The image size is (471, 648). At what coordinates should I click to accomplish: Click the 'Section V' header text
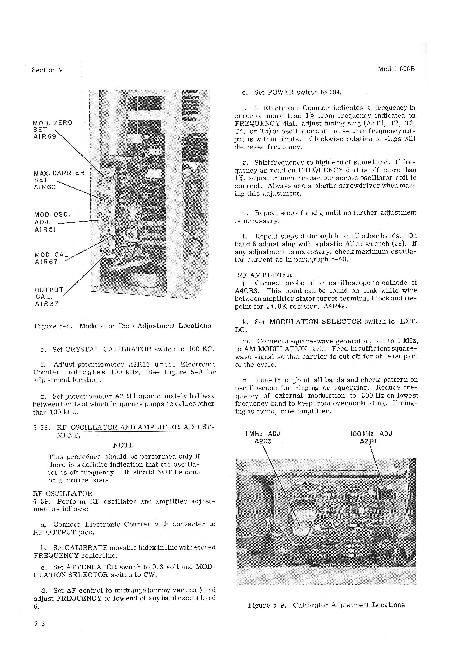(x=47, y=70)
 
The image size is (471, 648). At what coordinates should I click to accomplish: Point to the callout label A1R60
(x=45, y=187)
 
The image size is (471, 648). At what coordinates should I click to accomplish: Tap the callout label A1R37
(x=47, y=304)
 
